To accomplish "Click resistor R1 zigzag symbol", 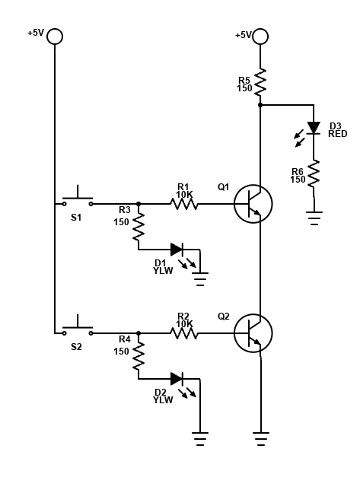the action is click(184, 204).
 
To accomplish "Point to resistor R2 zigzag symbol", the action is click(184, 333).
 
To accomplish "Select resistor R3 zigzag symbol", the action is click(139, 227).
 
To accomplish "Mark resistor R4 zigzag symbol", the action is click(139, 356).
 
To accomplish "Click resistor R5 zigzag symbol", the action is click(260, 82).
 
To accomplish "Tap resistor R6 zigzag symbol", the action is click(314, 173).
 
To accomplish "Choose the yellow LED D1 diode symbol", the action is click(177, 250).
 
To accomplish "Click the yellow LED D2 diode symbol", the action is click(177, 379).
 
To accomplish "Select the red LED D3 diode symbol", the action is click(314, 128).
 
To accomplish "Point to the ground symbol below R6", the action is click(314, 218).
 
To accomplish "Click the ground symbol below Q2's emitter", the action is click(261, 439).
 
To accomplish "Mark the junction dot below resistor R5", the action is click(260, 105).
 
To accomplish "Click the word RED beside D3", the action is click(337, 134).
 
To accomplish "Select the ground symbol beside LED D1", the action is click(200, 279).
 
